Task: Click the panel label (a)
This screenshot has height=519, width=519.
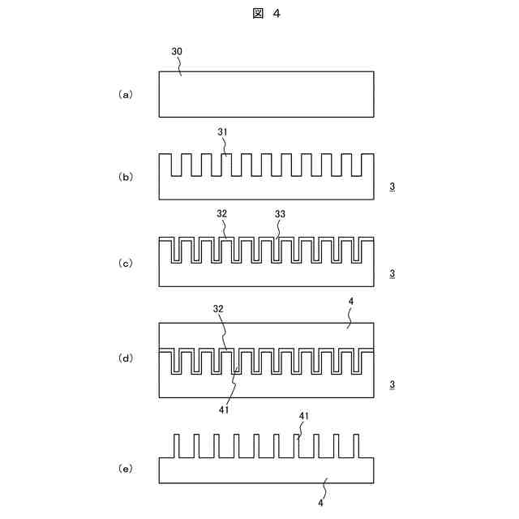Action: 126,95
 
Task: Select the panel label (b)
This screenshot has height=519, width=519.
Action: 126,177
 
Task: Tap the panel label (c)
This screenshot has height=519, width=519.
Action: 126,263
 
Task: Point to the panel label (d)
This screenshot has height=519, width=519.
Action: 126,358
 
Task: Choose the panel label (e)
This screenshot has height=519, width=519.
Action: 126,469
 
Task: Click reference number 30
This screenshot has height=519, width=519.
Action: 177,51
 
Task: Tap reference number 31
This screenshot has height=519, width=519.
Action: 224,131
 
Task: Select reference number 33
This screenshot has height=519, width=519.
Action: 280,215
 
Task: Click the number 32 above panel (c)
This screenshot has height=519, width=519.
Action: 222,215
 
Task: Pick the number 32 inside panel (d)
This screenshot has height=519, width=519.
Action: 218,309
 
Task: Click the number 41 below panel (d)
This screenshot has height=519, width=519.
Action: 225,410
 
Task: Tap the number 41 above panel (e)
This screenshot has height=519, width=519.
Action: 304,416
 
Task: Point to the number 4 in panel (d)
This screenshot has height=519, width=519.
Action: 350,302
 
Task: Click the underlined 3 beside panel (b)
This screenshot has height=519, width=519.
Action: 392,187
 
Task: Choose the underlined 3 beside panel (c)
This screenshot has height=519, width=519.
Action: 392,273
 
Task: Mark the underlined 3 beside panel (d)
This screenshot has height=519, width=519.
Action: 392,384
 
